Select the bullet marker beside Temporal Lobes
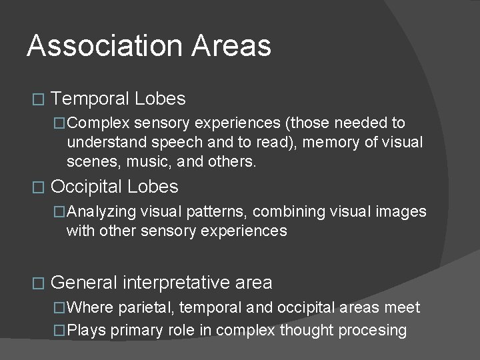(37, 100)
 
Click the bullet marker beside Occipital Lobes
(37, 187)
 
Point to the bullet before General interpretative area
(37, 283)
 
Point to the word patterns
(213, 212)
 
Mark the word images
(402, 212)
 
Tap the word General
(83, 283)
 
